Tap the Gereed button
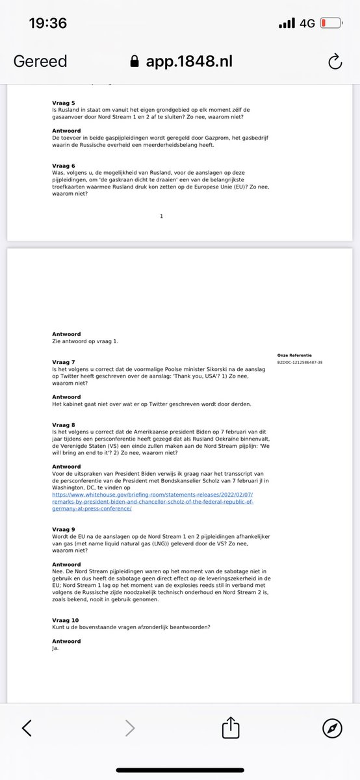pos(40,62)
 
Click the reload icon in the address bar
pos(335,62)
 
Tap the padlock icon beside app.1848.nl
pos(135,62)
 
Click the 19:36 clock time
pos(48,23)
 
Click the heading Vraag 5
pos(64,103)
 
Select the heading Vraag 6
pos(64,165)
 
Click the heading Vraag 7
pos(64,361)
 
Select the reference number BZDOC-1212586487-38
pos(300,362)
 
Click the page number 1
pos(161,216)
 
